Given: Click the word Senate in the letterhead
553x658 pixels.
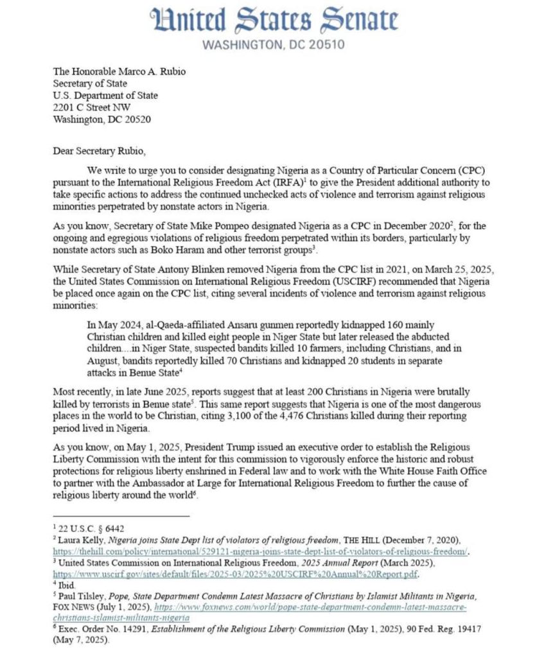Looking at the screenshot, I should (351, 20).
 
